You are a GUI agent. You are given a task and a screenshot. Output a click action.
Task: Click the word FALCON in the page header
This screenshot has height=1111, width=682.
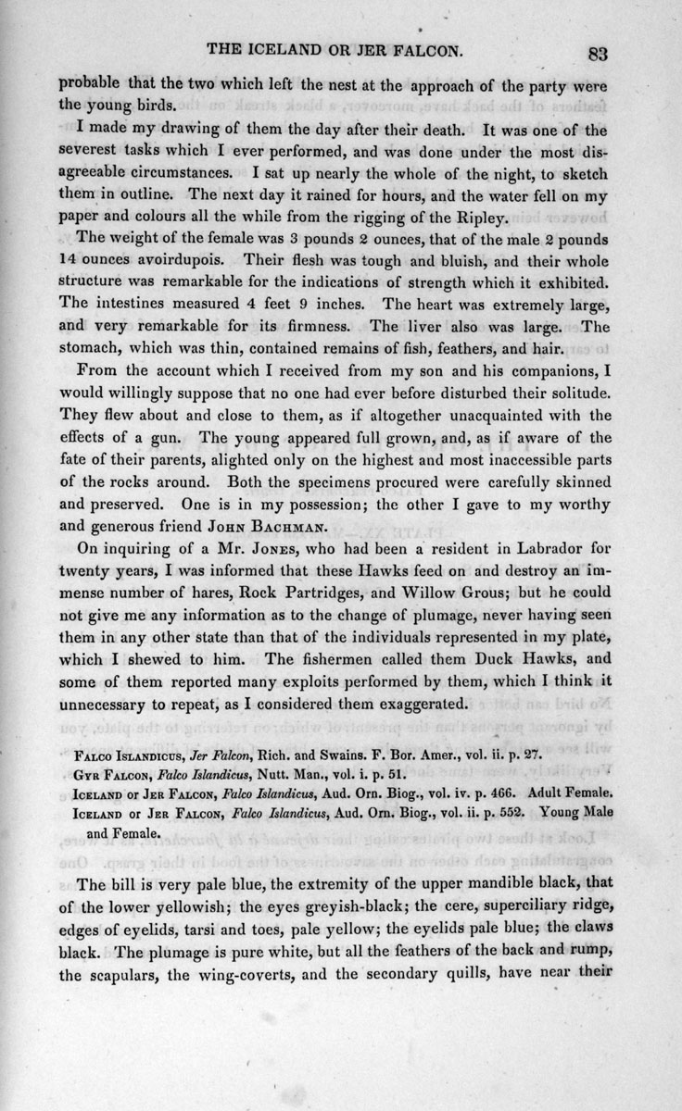point(448,50)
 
